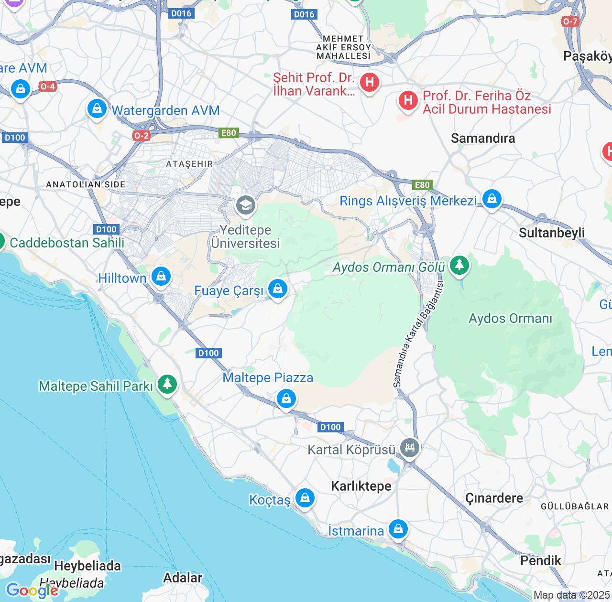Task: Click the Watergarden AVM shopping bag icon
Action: (x=97, y=109)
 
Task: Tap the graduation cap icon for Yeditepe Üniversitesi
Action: (x=245, y=205)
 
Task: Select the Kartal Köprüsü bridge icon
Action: (x=410, y=448)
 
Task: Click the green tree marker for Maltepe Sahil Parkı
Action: (x=167, y=384)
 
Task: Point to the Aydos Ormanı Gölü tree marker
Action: (x=459, y=265)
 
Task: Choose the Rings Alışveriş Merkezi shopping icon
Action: (x=492, y=198)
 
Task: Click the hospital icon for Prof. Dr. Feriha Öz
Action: (x=408, y=100)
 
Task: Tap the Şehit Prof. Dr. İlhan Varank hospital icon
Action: (x=369, y=82)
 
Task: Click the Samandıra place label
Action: (x=483, y=139)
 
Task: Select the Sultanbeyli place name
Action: (x=551, y=233)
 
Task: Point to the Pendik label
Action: (x=540, y=560)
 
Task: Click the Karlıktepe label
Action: (x=361, y=486)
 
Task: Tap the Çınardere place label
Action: (x=494, y=498)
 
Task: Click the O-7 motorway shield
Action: (x=570, y=21)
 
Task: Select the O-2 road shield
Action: (x=141, y=136)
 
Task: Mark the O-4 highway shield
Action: (x=47, y=86)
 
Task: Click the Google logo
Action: (x=32, y=591)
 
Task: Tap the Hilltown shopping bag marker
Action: (x=161, y=277)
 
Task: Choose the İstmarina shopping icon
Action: (x=398, y=529)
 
